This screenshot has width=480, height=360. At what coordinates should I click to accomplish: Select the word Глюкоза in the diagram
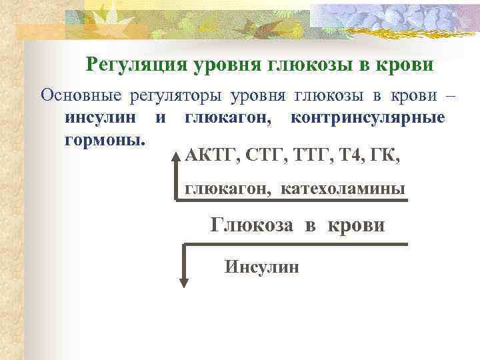(x=251, y=225)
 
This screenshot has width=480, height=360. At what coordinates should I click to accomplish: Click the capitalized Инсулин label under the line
(x=262, y=267)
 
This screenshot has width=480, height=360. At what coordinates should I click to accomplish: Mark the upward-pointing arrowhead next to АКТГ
(x=177, y=160)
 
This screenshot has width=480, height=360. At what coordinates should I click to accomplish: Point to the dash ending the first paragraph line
(x=450, y=95)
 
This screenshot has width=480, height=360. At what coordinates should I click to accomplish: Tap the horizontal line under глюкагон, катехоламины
(x=293, y=200)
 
